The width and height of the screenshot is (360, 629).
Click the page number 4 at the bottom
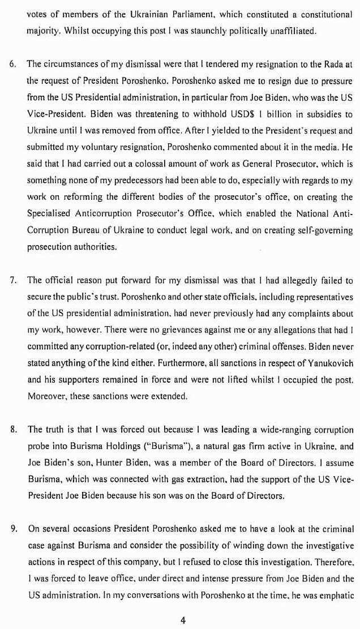pyautogui.click(x=183, y=620)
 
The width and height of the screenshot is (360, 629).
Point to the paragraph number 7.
pyautogui.click(x=12, y=280)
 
